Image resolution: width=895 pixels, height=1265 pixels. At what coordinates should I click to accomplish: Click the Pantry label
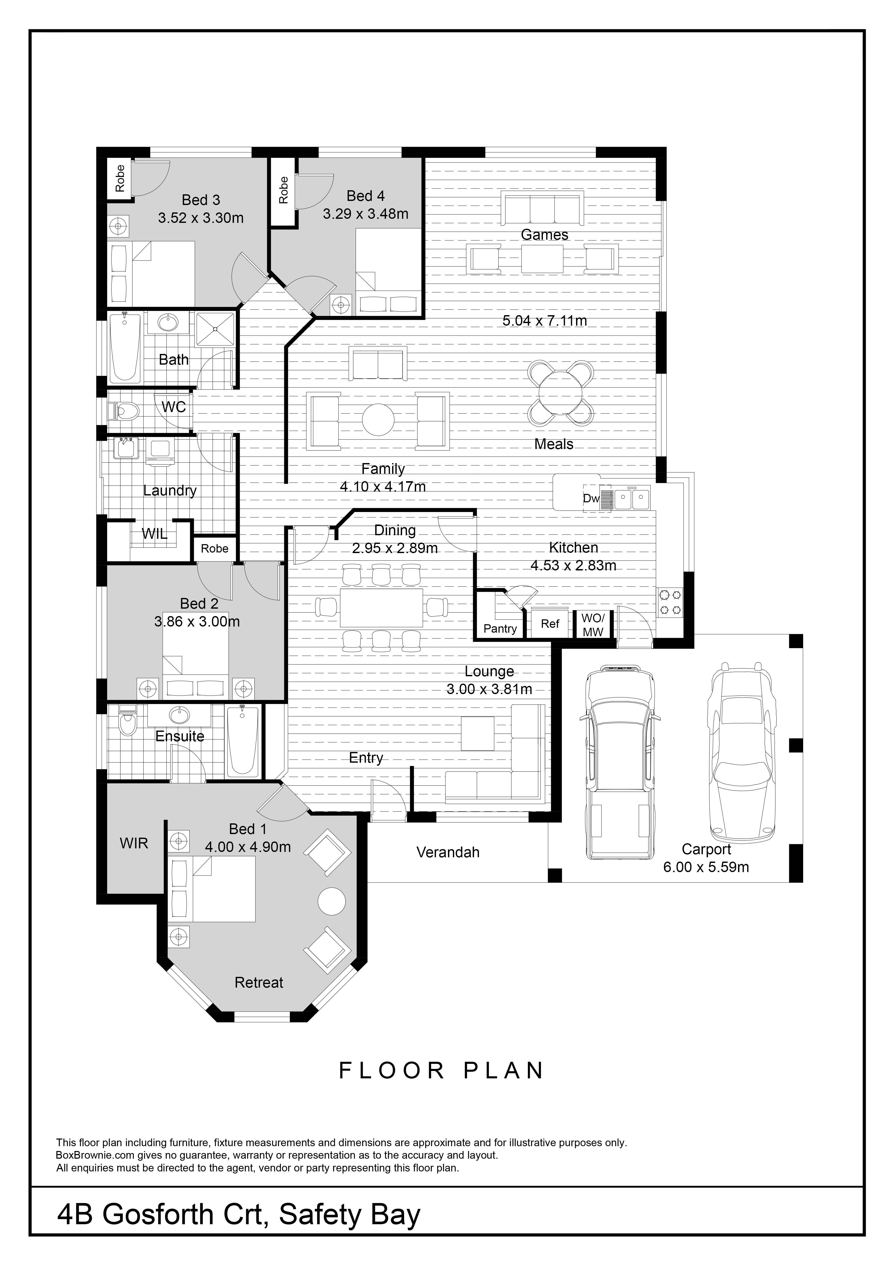(x=500, y=629)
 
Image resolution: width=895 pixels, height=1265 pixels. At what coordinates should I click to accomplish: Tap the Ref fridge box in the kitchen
(x=550, y=624)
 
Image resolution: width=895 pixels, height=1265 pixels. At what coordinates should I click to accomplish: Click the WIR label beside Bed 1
(x=134, y=843)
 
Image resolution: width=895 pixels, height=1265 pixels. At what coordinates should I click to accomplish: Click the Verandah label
(x=448, y=852)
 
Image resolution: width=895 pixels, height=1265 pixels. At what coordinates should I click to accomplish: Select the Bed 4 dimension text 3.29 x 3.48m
(x=365, y=214)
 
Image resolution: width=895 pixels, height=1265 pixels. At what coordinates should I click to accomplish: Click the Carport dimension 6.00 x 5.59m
(x=706, y=867)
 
